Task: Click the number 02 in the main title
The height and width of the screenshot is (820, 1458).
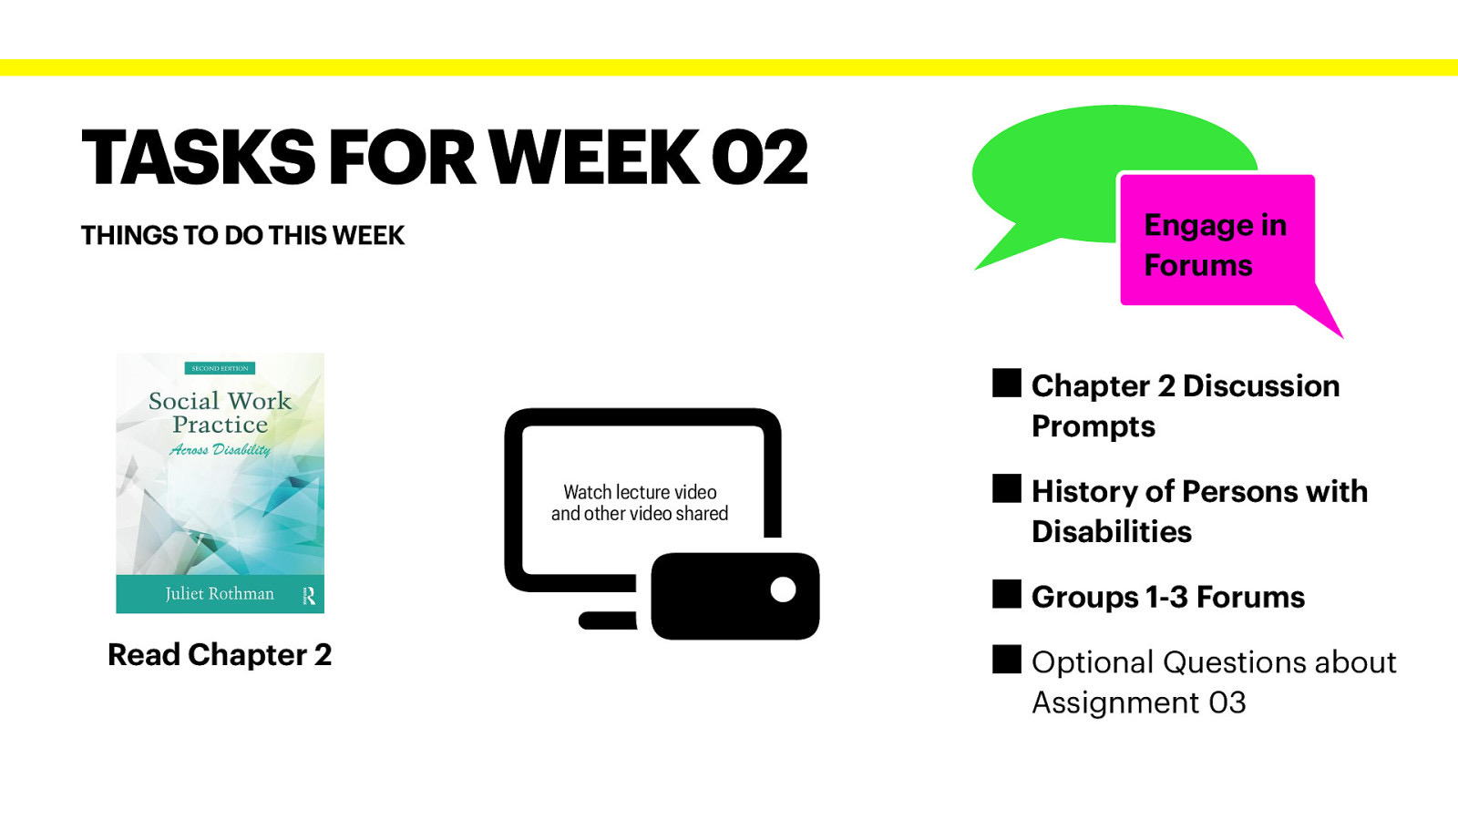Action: [x=759, y=158]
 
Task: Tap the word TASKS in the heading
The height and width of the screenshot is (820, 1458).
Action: [x=198, y=158]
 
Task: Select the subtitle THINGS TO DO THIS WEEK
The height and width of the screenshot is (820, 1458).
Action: [x=242, y=235]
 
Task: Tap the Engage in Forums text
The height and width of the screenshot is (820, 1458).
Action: [x=1215, y=244]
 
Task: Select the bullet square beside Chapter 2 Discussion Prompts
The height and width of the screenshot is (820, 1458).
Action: [x=1007, y=384]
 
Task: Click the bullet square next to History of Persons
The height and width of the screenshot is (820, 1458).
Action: [x=1007, y=489]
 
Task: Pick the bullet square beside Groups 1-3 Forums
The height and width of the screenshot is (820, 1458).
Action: [x=1007, y=594]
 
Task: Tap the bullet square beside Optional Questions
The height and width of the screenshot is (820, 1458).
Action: [x=1007, y=660]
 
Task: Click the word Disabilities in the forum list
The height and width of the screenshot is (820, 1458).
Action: [x=1111, y=531]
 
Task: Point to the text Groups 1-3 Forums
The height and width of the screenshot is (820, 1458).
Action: [x=1167, y=597]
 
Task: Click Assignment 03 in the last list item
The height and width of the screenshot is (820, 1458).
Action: [x=1138, y=702]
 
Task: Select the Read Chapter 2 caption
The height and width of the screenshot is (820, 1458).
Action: [x=220, y=654]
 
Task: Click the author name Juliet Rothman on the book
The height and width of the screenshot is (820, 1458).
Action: [x=219, y=593]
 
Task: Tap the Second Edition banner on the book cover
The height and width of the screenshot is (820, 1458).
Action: [x=220, y=368]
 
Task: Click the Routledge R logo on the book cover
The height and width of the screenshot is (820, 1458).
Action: [x=309, y=595]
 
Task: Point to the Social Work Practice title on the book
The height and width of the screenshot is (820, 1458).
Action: [x=220, y=413]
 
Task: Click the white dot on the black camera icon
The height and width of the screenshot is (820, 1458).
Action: [x=783, y=589]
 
